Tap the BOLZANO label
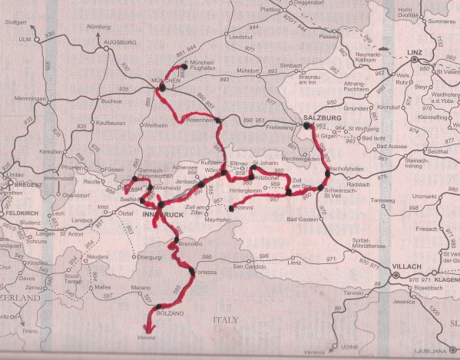click(x=151, y=313)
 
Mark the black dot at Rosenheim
click(x=219, y=120)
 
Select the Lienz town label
click(x=293, y=263)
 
